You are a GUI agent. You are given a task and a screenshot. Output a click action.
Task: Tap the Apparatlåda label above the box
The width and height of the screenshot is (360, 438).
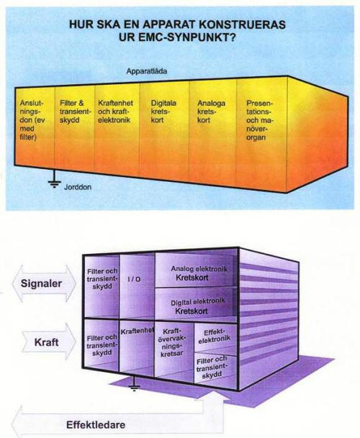(x=147, y=71)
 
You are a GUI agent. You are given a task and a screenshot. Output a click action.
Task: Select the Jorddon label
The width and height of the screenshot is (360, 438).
(x=78, y=187)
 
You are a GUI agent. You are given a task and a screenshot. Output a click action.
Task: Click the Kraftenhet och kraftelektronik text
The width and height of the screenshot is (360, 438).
(x=115, y=111)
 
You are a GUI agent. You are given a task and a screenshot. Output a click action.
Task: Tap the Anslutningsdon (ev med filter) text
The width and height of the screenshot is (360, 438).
(x=32, y=120)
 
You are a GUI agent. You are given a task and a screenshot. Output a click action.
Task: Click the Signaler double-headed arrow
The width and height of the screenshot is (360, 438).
(x=44, y=283)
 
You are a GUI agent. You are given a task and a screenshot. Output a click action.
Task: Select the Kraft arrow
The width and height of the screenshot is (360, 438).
(x=48, y=342)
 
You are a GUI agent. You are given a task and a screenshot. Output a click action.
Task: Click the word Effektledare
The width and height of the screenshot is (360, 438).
(x=96, y=425)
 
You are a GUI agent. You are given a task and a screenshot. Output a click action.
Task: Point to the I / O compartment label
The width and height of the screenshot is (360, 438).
(x=134, y=279)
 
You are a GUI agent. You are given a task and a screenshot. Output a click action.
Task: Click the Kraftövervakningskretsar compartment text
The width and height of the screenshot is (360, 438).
(x=172, y=342)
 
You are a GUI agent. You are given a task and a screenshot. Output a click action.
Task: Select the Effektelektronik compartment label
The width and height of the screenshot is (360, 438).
(x=215, y=336)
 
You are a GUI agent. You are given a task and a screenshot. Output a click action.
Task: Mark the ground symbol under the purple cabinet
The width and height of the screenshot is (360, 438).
(x=134, y=384)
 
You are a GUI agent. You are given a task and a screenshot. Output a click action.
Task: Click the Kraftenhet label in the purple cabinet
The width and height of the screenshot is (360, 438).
(x=138, y=332)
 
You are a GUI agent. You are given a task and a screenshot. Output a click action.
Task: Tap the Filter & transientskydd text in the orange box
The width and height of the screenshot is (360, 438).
(x=75, y=111)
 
